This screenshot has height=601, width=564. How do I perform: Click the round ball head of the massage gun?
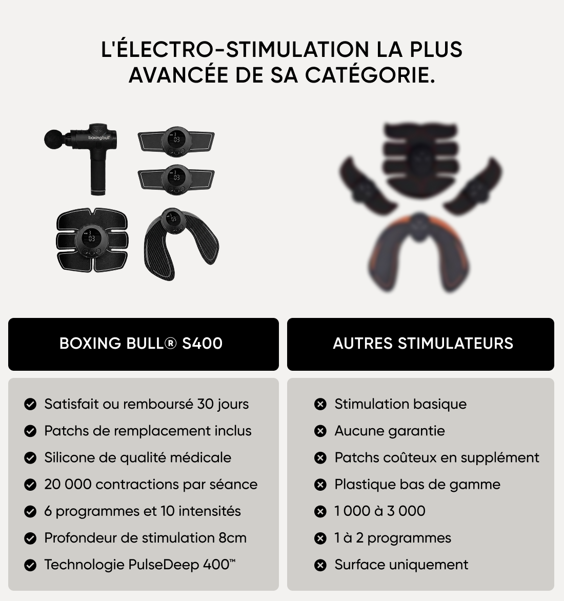point(53,139)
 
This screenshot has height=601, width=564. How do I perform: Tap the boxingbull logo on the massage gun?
point(99,137)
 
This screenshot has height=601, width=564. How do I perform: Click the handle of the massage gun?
point(98,172)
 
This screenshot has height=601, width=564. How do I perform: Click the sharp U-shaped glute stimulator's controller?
point(173,220)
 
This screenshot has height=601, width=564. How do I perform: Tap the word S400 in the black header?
point(203,344)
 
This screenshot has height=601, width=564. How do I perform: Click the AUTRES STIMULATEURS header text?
point(423,344)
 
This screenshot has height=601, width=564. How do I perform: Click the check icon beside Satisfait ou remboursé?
point(30,404)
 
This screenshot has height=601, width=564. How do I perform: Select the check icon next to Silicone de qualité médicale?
point(30,457)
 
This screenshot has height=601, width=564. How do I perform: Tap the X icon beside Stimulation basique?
point(320,404)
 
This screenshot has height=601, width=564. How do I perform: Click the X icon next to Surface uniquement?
point(320,565)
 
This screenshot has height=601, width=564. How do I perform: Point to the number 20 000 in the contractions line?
point(68,485)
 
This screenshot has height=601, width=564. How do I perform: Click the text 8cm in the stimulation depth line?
point(233,538)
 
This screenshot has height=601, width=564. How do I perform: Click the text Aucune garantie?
point(390,431)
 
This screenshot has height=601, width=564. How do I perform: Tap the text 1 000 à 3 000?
point(380,511)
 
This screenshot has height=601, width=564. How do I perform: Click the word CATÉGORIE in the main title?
point(370,75)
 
